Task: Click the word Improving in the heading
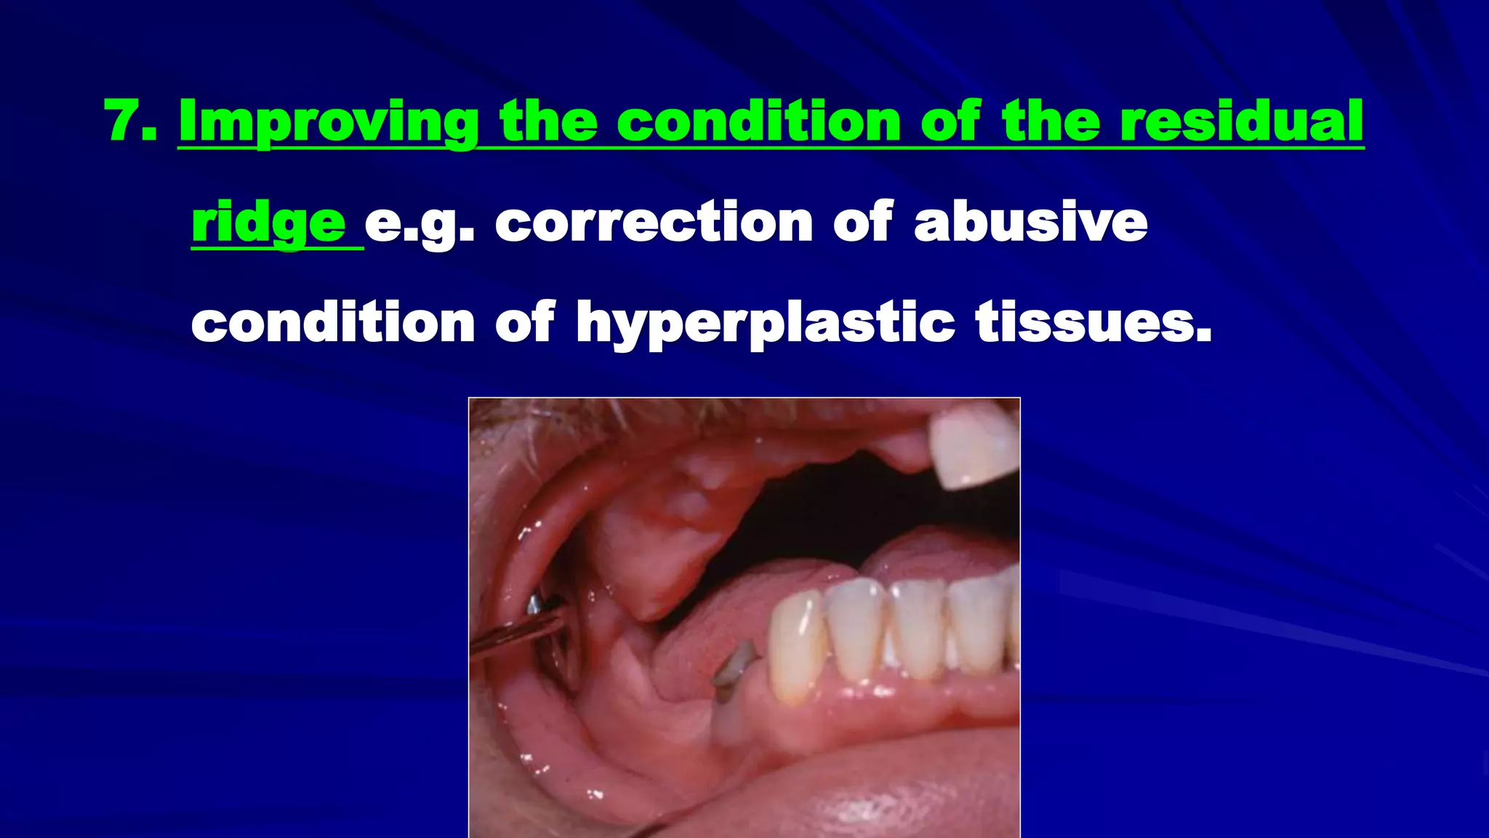[328, 122]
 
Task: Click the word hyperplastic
[765, 322]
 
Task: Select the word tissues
[1093, 322]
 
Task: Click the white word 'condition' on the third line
[333, 322]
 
